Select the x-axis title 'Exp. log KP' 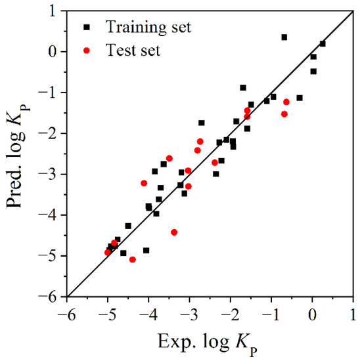(210, 341)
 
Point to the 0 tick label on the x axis (313, 312)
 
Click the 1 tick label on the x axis (353, 312)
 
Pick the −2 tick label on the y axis (51, 133)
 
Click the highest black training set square (284, 37)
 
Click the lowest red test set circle (133, 260)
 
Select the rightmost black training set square (323, 43)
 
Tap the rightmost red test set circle (286, 102)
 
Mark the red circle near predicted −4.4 (174, 232)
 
